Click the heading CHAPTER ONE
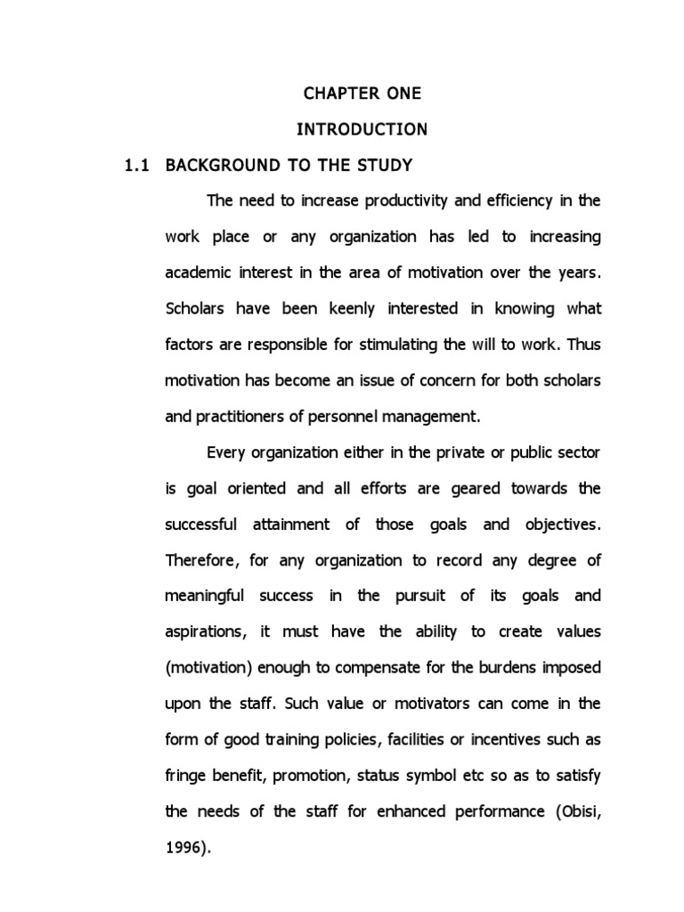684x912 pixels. [362, 94]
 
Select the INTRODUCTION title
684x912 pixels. [362, 130]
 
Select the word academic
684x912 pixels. [197, 273]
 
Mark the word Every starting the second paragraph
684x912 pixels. [227, 452]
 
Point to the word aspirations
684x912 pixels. [204, 631]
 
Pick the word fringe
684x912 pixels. [184, 775]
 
